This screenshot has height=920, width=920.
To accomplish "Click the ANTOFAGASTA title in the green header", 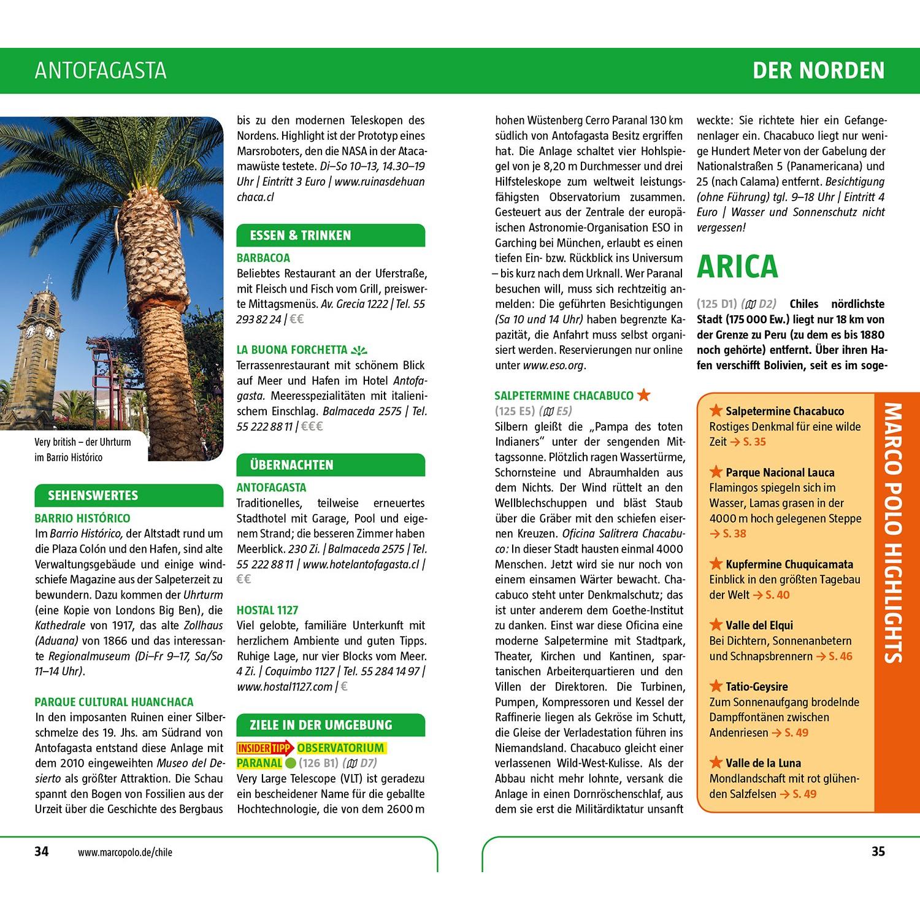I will tap(101, 71).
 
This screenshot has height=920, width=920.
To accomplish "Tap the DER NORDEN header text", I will tap(818, 71).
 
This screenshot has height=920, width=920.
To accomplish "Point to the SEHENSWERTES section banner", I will tap(93, 496).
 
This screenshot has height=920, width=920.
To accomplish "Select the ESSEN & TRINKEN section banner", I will tap(301, 236).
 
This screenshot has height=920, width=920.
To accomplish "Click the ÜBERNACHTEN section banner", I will tap(291, 465).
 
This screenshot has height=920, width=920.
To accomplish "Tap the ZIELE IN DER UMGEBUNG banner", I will tap(321, 725).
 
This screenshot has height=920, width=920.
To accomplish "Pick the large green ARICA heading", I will tap(737, 266).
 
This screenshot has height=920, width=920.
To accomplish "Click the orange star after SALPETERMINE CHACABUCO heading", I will tap(644, 395).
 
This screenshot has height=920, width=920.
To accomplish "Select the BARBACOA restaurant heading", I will tap(263, 258).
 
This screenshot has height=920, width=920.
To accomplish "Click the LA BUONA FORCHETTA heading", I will tap(292, 350).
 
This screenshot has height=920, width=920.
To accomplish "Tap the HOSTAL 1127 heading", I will tap(267, 610).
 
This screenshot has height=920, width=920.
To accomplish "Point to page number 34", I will tap(41, 851).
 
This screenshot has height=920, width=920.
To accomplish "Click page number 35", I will tap(878, 851).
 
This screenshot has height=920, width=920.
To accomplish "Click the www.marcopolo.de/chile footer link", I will tap(125, 852).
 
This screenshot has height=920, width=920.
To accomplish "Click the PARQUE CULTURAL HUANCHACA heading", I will tap(114, 702).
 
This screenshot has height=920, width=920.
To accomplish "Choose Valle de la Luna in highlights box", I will tap(763, 764).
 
